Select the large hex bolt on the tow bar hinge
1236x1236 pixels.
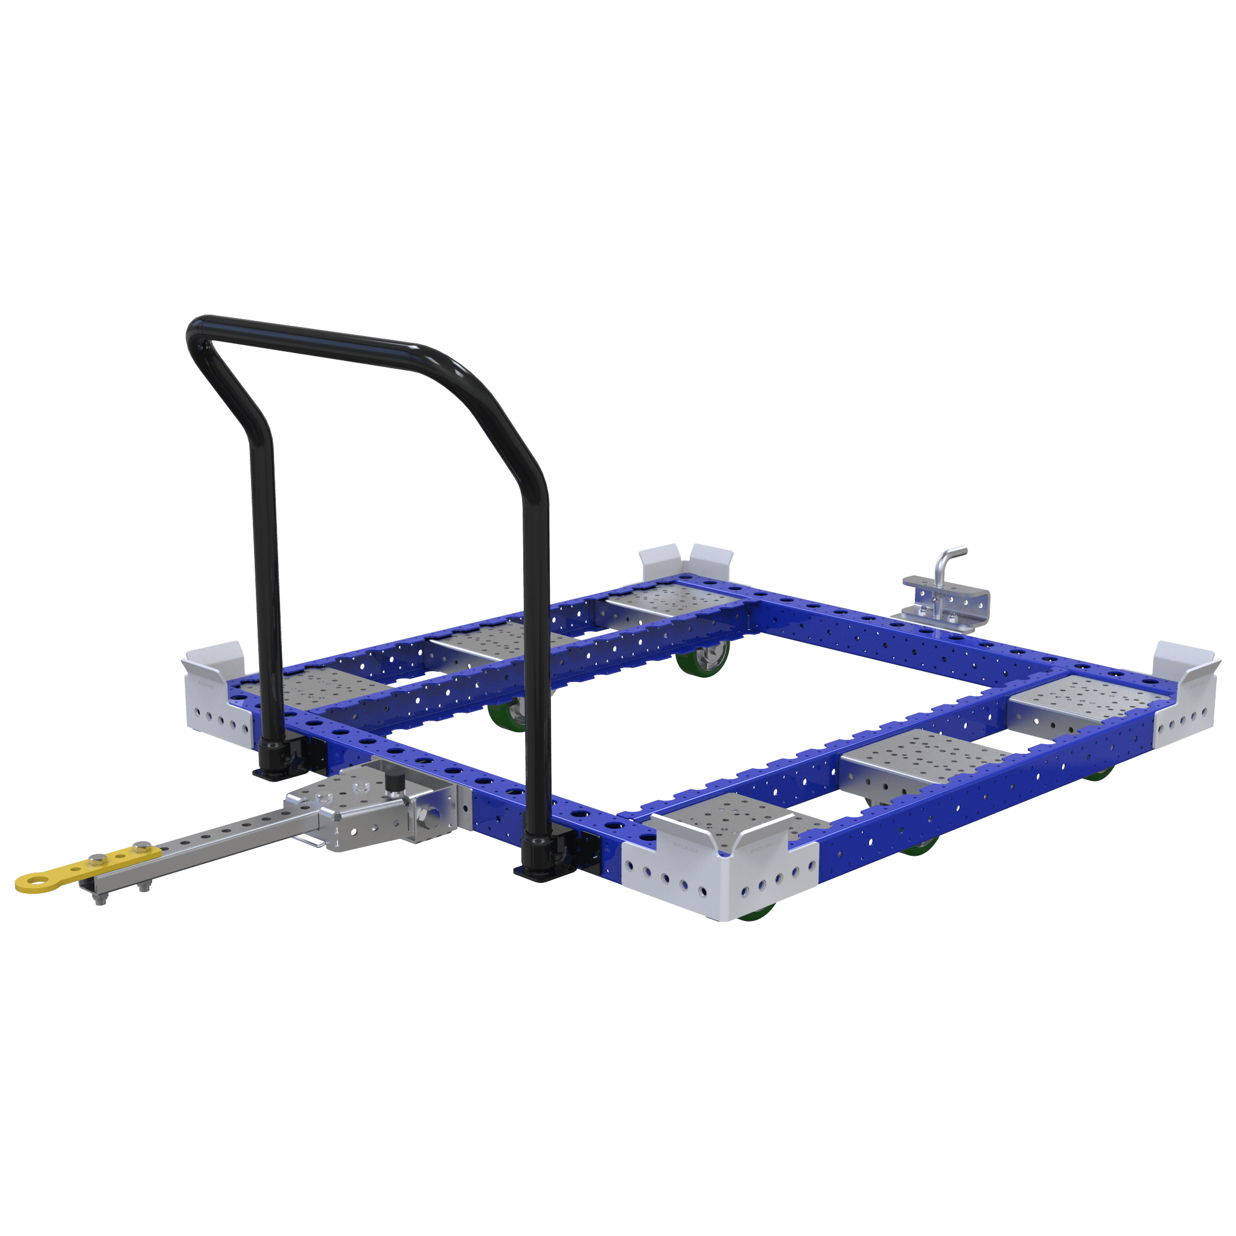pos(426,817)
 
